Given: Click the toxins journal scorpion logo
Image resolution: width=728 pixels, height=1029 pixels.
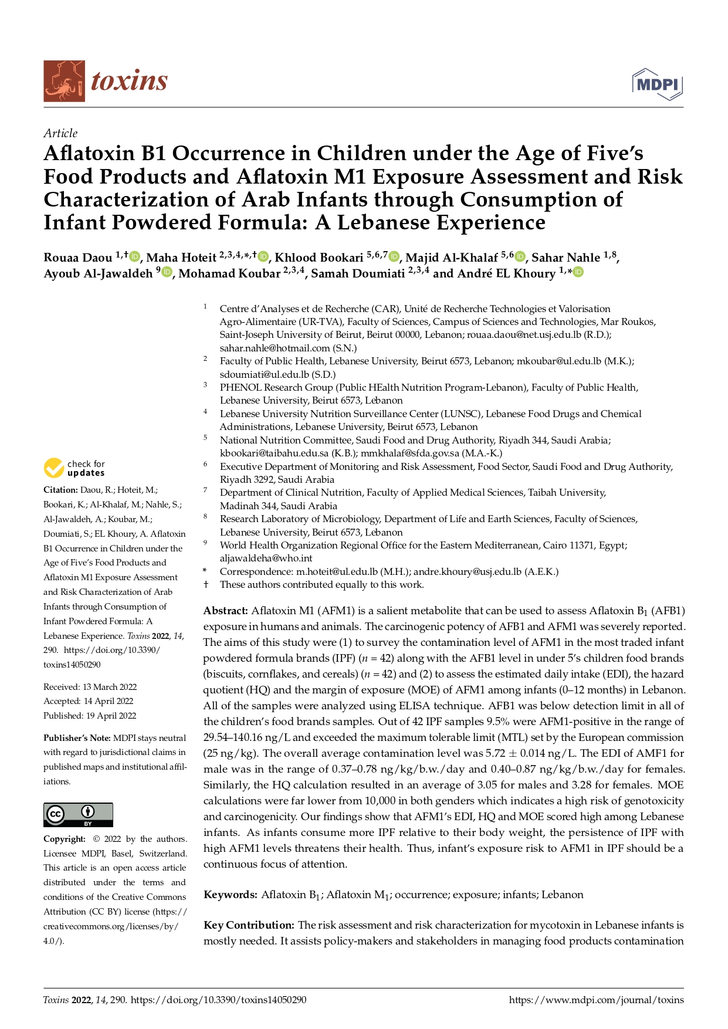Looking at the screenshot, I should [x=64, y=81].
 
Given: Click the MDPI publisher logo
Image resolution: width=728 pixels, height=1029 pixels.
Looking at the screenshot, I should [x=657, y=84].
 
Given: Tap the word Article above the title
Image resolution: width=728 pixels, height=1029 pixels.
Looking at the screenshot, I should [x=60, y=133].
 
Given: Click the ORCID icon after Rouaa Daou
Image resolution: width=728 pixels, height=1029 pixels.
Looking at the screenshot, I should [x=134, y=256].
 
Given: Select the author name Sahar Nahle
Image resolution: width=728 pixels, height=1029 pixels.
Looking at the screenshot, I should [x=566, y=258].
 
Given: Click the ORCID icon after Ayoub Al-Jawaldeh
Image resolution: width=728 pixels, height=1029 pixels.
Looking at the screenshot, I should [x=167, y=272].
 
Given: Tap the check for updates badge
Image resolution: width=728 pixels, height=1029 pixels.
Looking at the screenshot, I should [x=75, y=468].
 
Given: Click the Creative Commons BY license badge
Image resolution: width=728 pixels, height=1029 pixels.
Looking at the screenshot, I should [x=78, y=815].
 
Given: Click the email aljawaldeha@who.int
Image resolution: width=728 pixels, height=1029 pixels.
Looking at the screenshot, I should [x=266, y=558].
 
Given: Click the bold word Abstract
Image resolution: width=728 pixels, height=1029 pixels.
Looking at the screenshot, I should [x=225, y=611].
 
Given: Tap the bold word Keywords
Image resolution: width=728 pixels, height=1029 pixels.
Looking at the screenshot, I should [x=230, y=895].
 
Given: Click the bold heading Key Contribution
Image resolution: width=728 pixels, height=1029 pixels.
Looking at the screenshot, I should [x=249, y=925].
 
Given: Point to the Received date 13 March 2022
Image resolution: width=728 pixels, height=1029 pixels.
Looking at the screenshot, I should [x=90, y=687].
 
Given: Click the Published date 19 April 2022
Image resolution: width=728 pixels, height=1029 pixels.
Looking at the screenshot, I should [x=90, y=716].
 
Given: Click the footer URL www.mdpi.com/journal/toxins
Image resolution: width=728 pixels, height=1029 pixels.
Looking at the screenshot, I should [x=596, y=1000].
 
